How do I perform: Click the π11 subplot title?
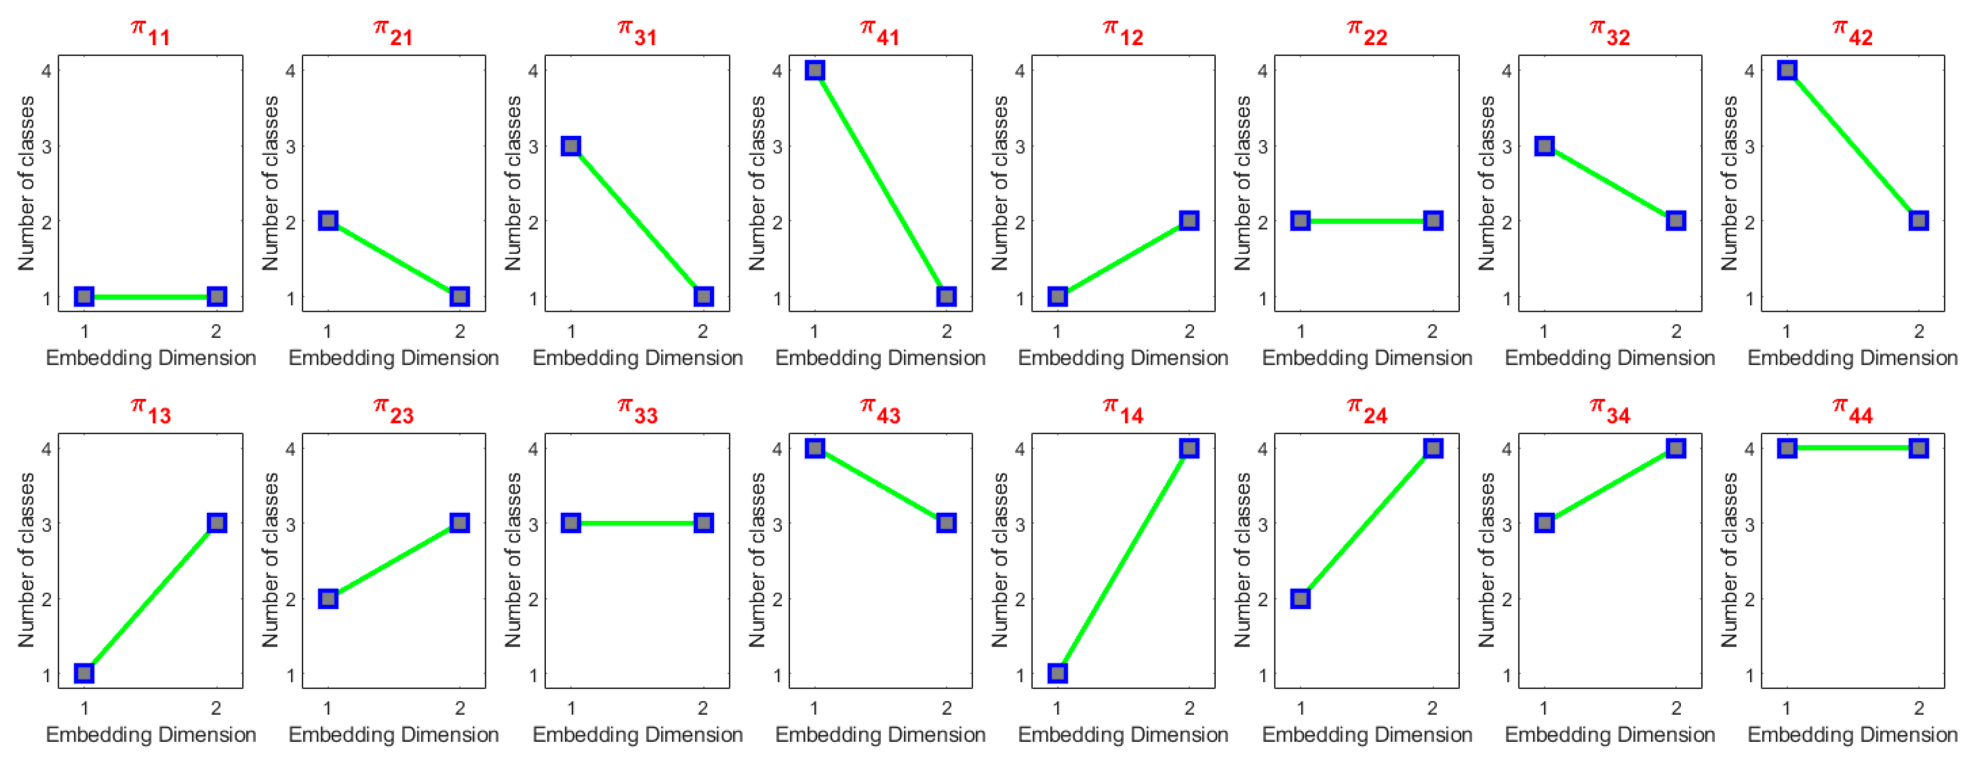(x=150, y=33)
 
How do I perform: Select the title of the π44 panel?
(x=1852, y=411)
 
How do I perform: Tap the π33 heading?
(x=638, y=411)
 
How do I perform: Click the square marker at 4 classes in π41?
(x=814, y=70)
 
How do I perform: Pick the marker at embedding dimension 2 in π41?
(x=946, y=297)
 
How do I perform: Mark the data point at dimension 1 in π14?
(x=1058, y=673)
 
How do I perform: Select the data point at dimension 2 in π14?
(x=1189, y=448)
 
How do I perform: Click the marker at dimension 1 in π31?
(x=571, y=146)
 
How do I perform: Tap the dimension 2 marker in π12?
(x=1189, y=221)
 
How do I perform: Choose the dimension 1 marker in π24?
(x=1300, y=598)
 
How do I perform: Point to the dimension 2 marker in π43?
(x=946, y=523)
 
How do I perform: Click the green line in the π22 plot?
(x=1366, y=221)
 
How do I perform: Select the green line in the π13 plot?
(x=150, y=598)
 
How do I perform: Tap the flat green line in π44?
(x=1852, y=448)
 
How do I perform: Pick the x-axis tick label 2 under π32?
(x=1676, y=331)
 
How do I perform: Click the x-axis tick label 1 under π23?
(x=328, y=708)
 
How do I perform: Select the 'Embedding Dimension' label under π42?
(x=1852, y=358)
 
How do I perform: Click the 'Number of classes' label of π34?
(x=1487, y=559)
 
